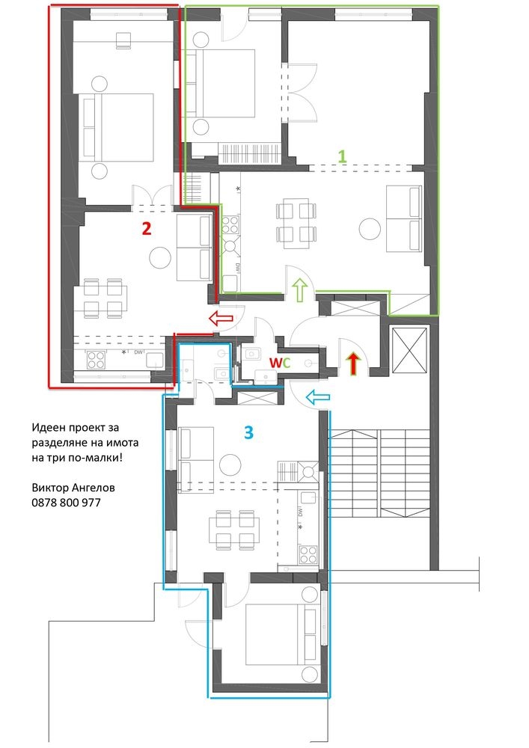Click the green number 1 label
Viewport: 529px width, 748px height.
pos(342,156)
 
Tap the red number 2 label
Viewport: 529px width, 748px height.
pos(147,228)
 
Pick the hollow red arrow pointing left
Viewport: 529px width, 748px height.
pos(221,319)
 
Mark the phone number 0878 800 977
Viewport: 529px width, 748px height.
pos(67,503)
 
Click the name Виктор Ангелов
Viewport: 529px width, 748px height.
pos(73,488)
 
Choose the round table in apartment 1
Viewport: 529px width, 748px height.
pos(369,227)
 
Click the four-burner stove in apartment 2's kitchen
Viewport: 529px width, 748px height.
pos(97,361)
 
